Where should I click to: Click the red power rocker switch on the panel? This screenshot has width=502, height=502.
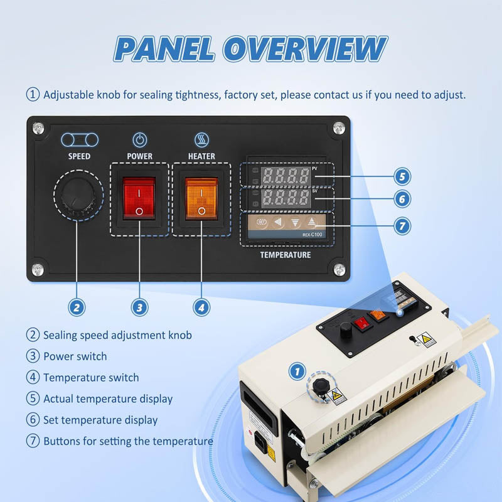pyautogui.click(x=139, y=198)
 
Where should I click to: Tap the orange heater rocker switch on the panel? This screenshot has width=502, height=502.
pyautogui.click(x=201, y=198)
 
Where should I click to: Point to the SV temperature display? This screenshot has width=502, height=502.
pyautogui.click(x=286, y=199)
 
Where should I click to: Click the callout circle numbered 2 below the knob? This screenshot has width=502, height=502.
pyautogui.click(x=77, y=307)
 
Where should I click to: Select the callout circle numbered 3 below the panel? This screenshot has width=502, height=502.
pyautogui.click(x=139, y=307)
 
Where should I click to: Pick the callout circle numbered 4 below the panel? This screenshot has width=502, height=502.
pyautogui.click(x=201, y=307)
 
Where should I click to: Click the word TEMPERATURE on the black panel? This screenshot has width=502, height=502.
pyautogui.click(x=286, y=255)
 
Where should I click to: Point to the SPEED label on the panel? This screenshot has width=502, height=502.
pyautogui.click(x=79, y=156)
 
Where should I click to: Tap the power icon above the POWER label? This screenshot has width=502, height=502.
pyautogui.click(x=139, y=139)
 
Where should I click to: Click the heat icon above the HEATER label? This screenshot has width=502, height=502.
pyautogui.click(x=201, y=139)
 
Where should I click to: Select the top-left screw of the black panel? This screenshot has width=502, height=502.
pyautogui.click(x=38, y=128)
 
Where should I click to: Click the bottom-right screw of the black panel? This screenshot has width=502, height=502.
pyautogui.click(x=339, y=270)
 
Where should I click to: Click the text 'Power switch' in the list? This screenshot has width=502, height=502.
pyautogui.click(x=75, y=356)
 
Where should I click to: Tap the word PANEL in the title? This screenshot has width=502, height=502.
pyautogui.click(x=167, y=50)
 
